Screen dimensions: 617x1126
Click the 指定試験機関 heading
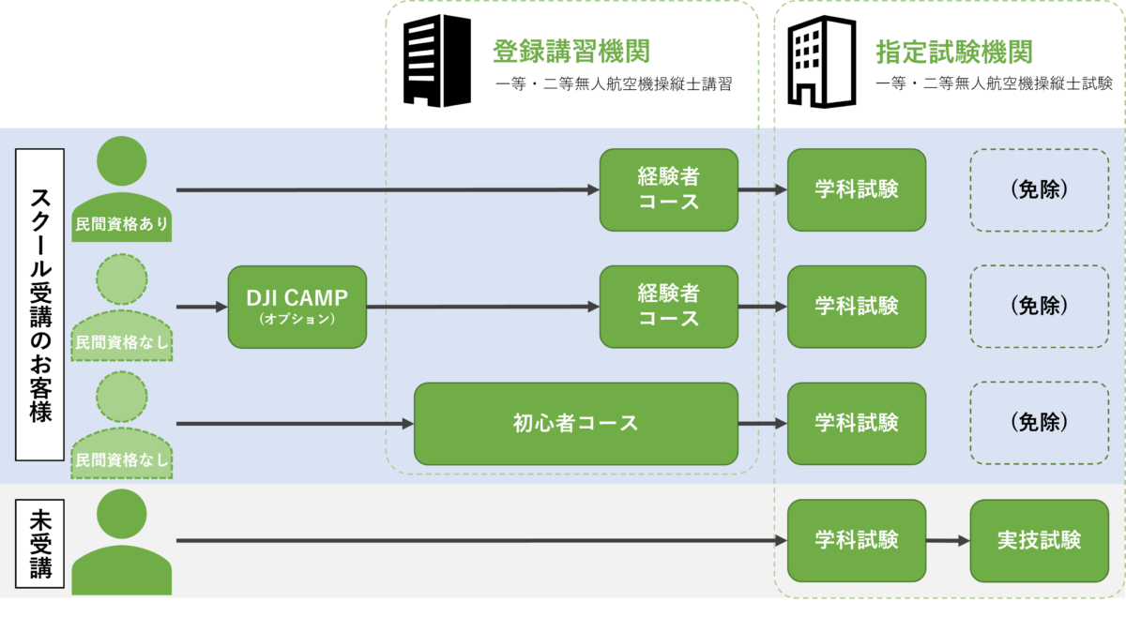coord(953,53)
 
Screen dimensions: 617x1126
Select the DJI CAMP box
coord(297,307)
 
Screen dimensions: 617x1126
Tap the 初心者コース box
coord(575,423)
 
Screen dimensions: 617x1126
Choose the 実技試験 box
coord(1039,540)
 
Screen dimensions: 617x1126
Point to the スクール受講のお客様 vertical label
coord(40,305)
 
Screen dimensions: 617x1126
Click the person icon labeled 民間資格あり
coord(122,188)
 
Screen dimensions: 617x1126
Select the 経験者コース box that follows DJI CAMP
coord(668,307)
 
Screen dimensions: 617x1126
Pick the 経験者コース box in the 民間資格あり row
coord(668,189)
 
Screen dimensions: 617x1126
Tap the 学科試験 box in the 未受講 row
coord(856,540)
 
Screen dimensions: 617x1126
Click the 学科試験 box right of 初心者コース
coord(856,423)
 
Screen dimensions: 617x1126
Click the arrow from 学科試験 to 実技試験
coord(948,541)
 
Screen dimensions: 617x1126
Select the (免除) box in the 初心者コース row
coord(1039,423)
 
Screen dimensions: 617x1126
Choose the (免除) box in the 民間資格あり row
coord(1039,189)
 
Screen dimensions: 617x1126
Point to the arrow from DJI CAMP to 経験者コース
coord(482,307)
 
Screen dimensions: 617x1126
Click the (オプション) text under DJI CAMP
coord(296,320)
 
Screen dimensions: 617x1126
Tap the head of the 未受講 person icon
coord(122,513)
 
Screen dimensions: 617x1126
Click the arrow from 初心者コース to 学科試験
coord(762,424)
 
